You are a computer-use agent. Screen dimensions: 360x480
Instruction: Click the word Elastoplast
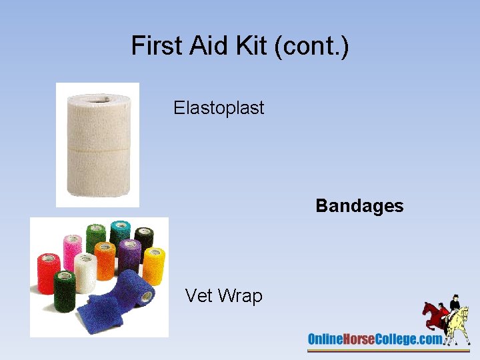coord(219,107)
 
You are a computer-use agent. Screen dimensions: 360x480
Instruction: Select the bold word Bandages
coord(359,205)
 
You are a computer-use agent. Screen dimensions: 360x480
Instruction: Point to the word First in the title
coord(155,46)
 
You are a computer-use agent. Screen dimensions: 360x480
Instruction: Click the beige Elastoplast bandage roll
coord(97,147)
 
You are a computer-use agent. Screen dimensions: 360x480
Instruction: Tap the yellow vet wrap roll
coord(153,265)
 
